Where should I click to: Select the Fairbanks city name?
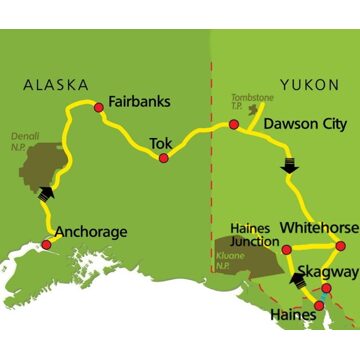138,102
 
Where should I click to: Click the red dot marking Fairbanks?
98,108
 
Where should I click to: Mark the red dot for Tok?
164,157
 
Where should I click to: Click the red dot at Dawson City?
233,125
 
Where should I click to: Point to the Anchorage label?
89,232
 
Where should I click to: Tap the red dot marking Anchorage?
46,244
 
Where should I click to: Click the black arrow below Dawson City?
290,162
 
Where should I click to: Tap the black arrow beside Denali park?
43,194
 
